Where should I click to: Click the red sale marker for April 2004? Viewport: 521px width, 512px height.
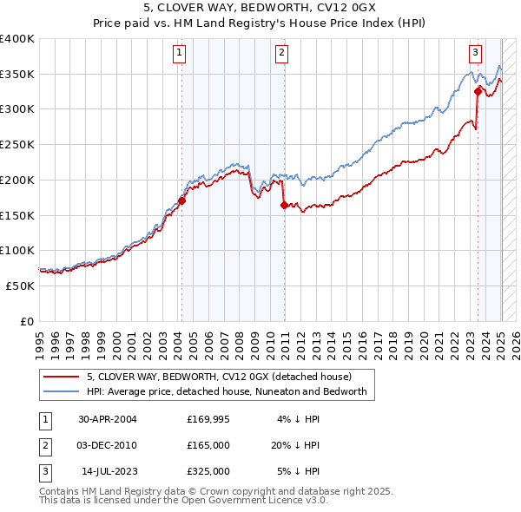pos(181,201)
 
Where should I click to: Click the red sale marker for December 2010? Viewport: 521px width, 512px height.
pos(284,205)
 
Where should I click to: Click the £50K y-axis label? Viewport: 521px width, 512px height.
pos(21,286)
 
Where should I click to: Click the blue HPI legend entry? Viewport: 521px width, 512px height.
pos(228,391)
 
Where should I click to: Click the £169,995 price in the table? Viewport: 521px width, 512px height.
pos(208,419)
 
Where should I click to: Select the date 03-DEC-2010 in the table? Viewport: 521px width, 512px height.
pos(107,445)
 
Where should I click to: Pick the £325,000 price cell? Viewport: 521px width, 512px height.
pos(208,471)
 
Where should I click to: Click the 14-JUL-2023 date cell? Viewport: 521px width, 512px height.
pos(107,471)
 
